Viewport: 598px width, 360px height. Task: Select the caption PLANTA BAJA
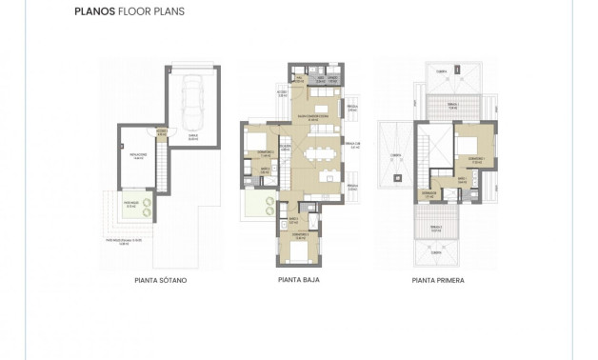click(x=297, y=281)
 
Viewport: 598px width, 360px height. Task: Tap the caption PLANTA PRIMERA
click(x=437, y=281)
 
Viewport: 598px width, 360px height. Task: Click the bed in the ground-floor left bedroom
click(x=258, y=143)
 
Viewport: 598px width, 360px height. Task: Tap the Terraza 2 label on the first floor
click(x=436, y=229)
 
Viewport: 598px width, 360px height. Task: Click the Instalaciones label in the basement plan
click(x=137, y=157)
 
